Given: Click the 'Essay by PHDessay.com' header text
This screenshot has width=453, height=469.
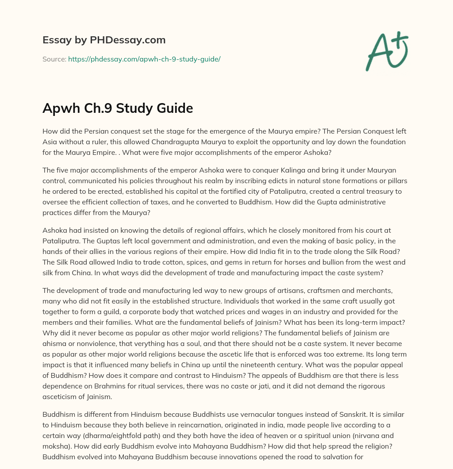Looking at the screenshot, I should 104,40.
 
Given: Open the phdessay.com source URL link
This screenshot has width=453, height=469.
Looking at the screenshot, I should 144,59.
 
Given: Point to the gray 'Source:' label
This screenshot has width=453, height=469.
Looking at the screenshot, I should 54,59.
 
